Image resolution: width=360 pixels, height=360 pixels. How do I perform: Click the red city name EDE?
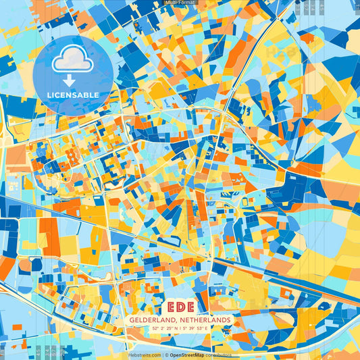click(x=180, y=306)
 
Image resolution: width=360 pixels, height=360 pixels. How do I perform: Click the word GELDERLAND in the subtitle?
click(x=149, y=319)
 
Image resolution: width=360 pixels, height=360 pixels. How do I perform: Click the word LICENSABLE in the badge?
click(x=74, y=95)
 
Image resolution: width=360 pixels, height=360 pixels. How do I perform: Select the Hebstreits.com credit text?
click(x=144, y=355)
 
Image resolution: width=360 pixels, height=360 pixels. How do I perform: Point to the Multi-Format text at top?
click(x=180, y=3)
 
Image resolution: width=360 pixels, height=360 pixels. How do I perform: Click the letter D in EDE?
click(x=180, y=306)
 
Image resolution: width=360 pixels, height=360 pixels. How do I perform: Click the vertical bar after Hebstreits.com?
click(x=161, y=355)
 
